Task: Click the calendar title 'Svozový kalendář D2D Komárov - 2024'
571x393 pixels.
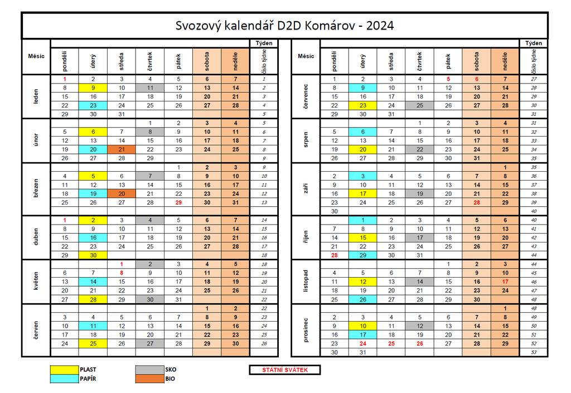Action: click(x=284, y=26)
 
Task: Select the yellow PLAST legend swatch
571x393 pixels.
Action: click(x=65, y=369)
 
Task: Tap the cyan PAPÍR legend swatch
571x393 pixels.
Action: click(x=65, y=379)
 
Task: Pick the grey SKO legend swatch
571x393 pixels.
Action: click(x=149, y=369)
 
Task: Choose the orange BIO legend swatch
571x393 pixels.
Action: click(x=149, y=379)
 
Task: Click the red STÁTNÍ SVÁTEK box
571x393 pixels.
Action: click(x=284, y=370)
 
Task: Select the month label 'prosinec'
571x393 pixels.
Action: click(x=306, y=330)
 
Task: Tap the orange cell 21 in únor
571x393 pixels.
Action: click(x=122, y=149)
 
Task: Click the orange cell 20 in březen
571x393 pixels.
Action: click(x=122, y=193)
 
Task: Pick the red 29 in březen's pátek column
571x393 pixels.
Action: click(x=178, y=202)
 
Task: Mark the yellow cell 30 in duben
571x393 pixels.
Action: click(x=93, y=255)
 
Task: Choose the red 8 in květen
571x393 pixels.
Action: click(x=122, y=273)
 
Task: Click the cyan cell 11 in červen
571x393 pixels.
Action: click(x=93, y=326)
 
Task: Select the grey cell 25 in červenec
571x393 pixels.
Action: click(x=419, y=105)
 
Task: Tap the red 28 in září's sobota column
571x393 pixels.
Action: click(x=477, y=202)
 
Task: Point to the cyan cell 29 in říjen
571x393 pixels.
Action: click(x=362, y=255)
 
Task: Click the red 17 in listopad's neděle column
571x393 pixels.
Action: click(x=505, y=282)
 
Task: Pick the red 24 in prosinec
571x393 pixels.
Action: click(x=362, y=343)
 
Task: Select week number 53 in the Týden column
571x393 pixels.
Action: click(x=534, y=352)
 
